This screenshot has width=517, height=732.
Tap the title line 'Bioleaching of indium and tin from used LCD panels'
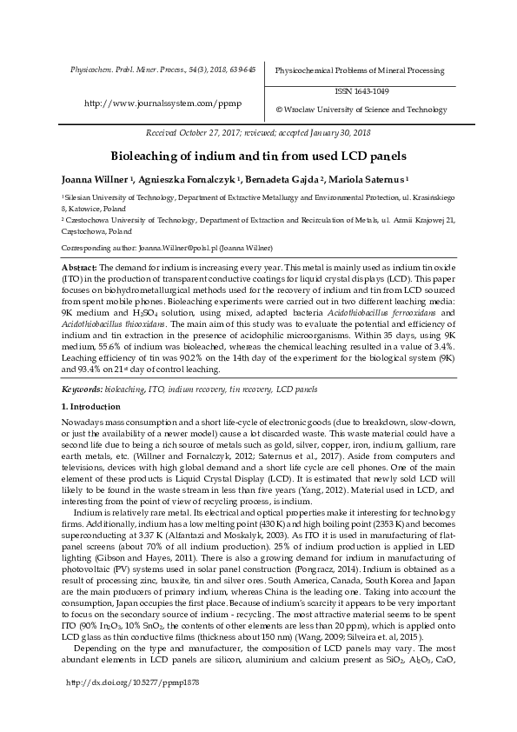pos(257,156)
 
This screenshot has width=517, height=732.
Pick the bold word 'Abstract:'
pos(79,267)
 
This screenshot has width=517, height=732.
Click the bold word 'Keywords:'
pos(81,390)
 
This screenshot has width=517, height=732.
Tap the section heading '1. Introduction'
pos(90,407)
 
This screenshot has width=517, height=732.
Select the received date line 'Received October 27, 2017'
pos(196,133)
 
